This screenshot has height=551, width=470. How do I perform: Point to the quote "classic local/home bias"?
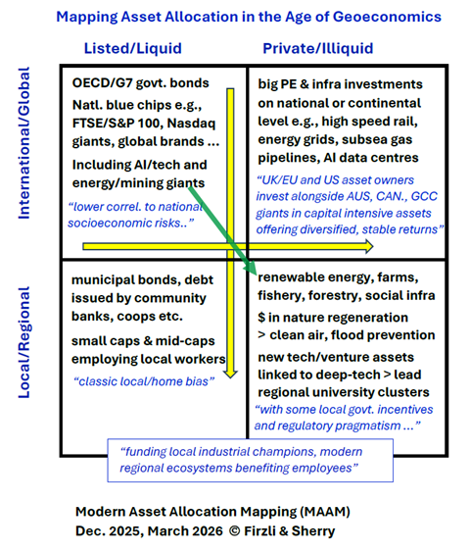(x=149, y=379)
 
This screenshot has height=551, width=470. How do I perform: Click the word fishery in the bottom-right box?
(x=282, y=298)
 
